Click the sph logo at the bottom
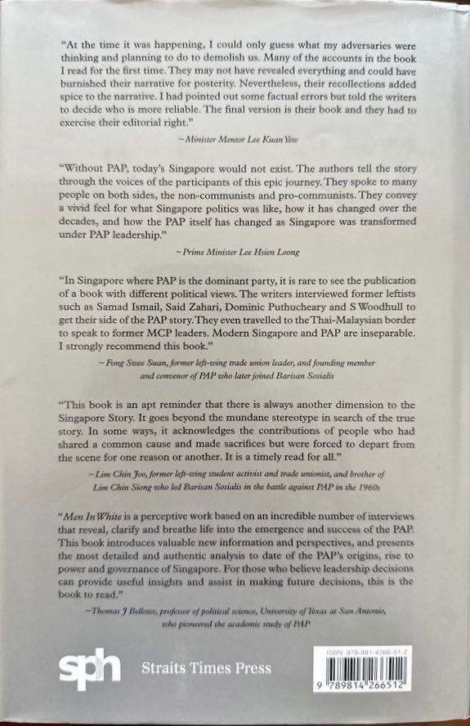coord(89,669)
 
